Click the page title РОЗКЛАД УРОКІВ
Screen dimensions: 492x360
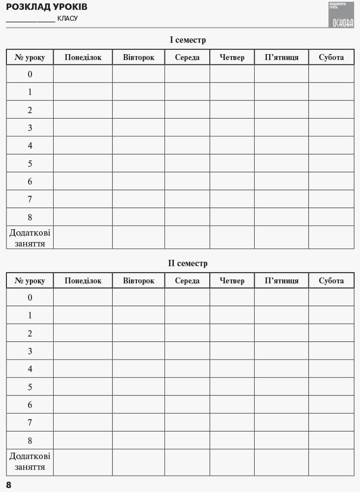click(x=46, y=7)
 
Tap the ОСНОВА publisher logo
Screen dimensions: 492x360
click(x=342, y=15)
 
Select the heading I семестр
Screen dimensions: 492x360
click(x=188, y=40)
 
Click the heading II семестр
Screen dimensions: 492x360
click(x=188, y=263)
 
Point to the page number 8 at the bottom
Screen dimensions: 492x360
click(x=9, y=485)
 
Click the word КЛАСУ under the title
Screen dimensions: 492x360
click(x=67, y=19)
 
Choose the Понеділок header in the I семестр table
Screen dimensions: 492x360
click(x=83, y=57)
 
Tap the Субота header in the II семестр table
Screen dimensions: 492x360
click(x=331, y=280)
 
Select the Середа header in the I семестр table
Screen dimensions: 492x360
click(x=187, y=57)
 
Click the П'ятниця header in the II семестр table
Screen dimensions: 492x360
click(x=281, y=280)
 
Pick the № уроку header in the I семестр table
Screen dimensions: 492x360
click(x=30, y=57)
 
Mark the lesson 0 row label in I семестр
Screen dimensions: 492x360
click(x=30, y=74)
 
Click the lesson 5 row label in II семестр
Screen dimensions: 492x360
click(x=30, y=387)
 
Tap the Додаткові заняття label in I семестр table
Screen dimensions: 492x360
click(x=30, y=237)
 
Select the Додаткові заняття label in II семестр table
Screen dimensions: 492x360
click(x=30, y=461)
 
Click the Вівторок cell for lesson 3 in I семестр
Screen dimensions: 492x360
click(x=138, y=127)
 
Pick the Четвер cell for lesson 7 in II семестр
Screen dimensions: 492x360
click(x=232, y=422)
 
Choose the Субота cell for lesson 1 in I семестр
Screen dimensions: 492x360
click(x=331, y=92)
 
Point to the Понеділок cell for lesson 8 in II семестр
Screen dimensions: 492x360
click(x=83, y=440)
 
